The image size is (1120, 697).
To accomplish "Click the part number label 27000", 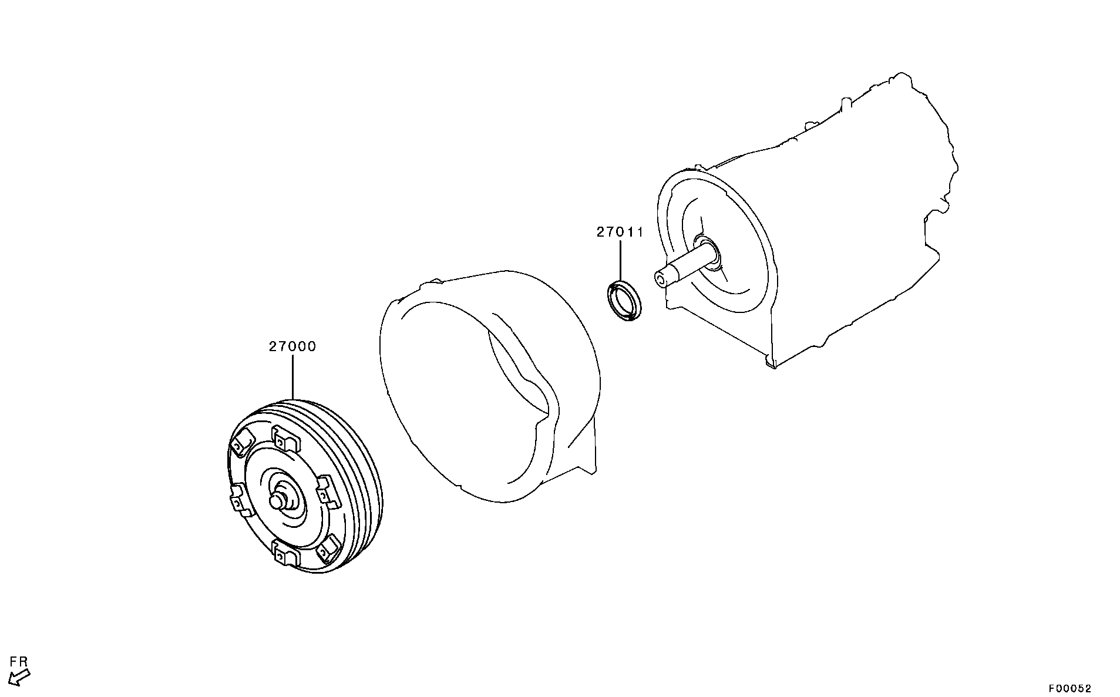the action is pos(292,347).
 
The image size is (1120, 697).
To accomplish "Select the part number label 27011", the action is pos(620,233).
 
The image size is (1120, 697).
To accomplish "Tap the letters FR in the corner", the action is pos(19,662).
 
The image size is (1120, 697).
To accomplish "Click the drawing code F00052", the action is pos(1071,689).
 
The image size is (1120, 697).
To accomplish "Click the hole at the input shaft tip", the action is pos(661,279).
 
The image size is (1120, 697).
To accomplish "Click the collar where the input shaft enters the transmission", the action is pos(708,253).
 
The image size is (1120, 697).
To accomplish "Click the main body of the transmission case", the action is pos(852,235).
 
